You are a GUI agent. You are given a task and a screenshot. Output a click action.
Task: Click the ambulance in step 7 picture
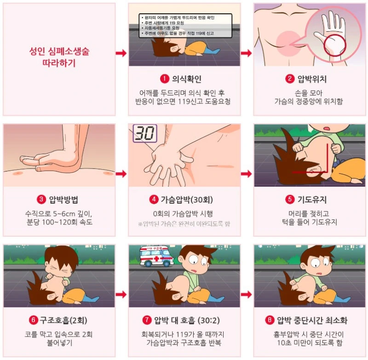(x=157, y=256)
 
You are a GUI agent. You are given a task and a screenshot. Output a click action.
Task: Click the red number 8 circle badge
(x=270, y=320)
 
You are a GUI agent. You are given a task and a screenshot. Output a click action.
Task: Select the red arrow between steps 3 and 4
(x=121, y=174)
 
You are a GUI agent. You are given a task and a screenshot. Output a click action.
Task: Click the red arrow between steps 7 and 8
(x=247, y=295)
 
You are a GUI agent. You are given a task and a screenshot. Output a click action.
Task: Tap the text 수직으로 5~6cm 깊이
(x=59, y=214)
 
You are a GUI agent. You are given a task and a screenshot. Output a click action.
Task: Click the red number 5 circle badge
(x=289, y=200)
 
